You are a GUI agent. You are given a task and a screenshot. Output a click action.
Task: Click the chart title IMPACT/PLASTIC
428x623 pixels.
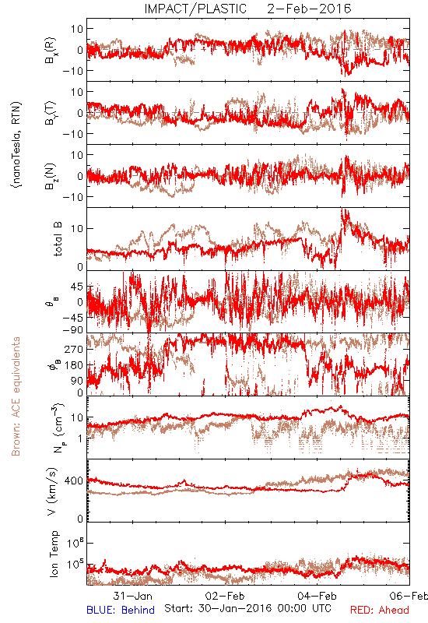tap(195, 9)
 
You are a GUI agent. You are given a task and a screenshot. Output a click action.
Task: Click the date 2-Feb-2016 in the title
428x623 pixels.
tap(309, 9)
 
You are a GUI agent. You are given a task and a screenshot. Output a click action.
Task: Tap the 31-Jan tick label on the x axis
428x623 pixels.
tap(132, 596)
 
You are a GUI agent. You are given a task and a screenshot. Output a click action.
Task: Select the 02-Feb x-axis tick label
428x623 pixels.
tap(225, 596)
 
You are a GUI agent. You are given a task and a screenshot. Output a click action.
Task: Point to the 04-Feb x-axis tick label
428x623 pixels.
tap(317, 596)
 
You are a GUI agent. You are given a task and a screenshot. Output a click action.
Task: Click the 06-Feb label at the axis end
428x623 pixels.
tap(409, 596)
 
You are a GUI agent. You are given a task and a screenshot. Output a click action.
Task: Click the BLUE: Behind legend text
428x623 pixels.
tap(121, 610)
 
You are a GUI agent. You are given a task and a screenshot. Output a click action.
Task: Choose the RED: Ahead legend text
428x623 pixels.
tap(379, 610)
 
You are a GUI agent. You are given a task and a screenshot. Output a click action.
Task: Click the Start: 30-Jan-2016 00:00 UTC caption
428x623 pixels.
tap(247, 608)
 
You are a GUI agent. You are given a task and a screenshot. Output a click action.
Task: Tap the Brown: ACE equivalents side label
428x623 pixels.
tap(16, 396)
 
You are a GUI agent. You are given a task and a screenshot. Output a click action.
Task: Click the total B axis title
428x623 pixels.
tap(58, 239)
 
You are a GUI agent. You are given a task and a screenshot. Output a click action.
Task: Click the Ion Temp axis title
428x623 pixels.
tap(54, 554)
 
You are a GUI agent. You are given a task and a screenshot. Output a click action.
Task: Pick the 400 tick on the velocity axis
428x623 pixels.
tap(73, 480)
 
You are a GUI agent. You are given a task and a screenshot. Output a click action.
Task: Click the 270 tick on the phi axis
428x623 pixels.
tap(74, 349)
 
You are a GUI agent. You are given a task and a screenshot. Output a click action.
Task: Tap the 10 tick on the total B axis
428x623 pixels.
tap(77, 228)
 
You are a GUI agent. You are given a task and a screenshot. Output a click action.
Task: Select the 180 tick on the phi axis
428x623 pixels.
tap(74, 365)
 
